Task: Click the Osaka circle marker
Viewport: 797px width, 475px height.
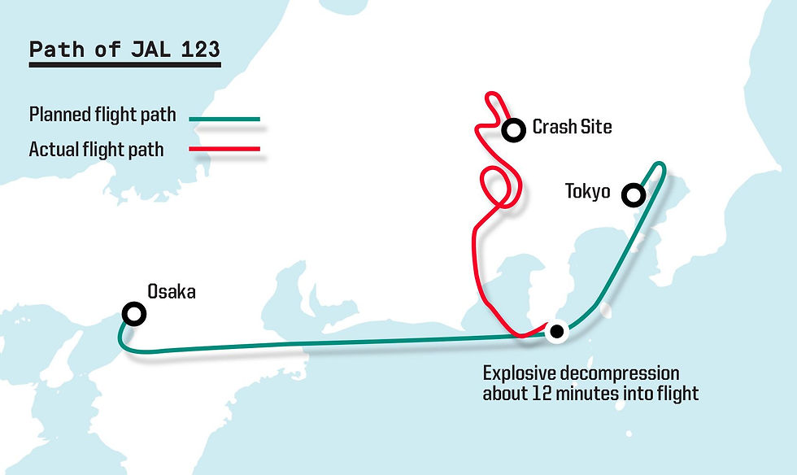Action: coord(133,314)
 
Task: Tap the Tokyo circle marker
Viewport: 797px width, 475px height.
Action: coord(632,195)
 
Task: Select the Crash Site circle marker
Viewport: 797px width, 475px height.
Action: coord(513,129)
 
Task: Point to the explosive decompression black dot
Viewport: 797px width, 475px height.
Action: coord(556,331)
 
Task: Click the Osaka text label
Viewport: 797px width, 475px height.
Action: coord(171,291)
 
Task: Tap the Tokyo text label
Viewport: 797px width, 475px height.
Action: coord(587,192)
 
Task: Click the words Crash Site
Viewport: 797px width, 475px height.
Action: coord(572,127)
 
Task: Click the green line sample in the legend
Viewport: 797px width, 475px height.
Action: coord(224,120)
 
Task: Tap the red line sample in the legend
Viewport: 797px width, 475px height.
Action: coord(224,149)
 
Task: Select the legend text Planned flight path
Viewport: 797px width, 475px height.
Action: coord(102,115)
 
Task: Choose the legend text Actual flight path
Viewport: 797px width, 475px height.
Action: coord(96,150)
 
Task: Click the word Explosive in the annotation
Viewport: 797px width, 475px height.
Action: coord(518,374)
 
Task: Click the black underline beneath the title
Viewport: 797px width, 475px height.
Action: coord(124,63)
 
